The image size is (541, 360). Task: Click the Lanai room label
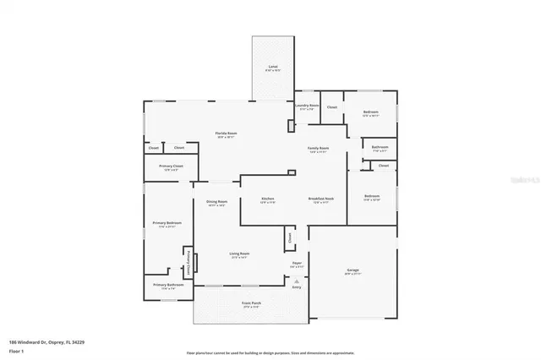coord(272,66)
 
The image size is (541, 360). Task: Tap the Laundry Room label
coord(306,106)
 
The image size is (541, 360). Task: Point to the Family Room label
coord(318,148)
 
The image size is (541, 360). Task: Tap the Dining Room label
coord(217,201)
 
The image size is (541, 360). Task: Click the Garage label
coord(352,270)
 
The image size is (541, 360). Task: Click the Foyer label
coord(297,264)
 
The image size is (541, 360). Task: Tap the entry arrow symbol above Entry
coord(297,279)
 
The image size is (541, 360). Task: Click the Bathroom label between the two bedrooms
coord(380,148)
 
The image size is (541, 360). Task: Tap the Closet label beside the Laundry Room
coord(331,107)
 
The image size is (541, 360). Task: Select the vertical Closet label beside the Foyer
coord(290,238)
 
